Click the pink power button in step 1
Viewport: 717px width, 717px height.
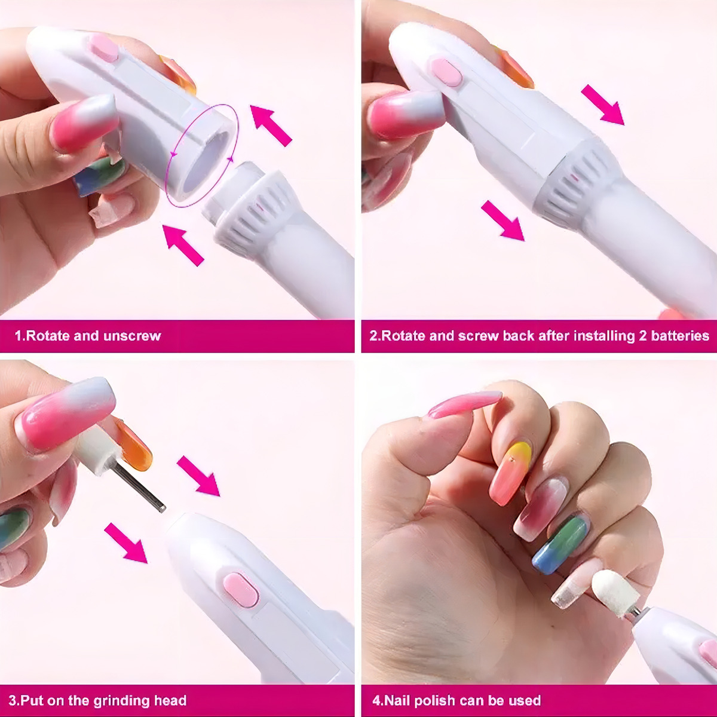(105, 48)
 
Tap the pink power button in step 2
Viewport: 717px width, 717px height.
(447, 72)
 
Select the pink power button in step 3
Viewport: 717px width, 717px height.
(241, 590)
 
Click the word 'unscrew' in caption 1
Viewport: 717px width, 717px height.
(132, 336)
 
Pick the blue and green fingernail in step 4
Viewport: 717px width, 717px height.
(561, 544)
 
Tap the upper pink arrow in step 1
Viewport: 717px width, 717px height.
(271, 125)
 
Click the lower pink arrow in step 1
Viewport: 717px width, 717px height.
(183, 246)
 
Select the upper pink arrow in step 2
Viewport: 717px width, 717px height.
(602, 105)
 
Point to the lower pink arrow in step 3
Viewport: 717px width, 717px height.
(125, 543)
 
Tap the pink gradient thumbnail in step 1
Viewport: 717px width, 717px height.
(84, 124)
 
